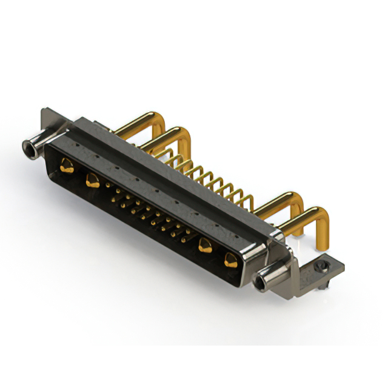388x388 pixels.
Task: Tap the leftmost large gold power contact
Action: [67, 165]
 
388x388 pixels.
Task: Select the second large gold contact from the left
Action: [92, 179]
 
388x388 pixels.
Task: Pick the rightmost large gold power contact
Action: [230, 261]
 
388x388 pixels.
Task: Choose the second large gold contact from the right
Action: [206, 246]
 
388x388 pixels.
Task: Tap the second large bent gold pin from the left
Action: [173, 136]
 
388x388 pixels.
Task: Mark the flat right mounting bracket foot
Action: [315, 273]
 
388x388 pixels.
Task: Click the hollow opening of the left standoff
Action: [27, 147]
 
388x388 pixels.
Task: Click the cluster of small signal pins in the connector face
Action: [149, 212]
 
